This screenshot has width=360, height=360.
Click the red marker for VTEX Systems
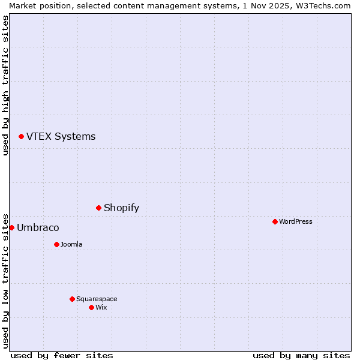click(21, 137)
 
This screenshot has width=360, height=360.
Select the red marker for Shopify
click(98, 208)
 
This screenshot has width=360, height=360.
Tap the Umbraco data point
click(11, 228)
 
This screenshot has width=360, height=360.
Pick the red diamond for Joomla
click(56, 245)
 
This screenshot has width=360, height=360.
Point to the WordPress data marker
click(275, 222)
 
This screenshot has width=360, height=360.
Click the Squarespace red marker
click(72, 299)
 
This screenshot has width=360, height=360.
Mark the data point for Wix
click(91, 308)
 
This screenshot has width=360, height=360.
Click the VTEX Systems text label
click(61, 137)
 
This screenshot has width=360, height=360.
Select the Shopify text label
click(121, 208)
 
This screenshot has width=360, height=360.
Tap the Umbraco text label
click(38, 228)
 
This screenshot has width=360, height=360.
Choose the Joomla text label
click(71, 245)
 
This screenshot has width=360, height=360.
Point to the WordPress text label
click(296, 222)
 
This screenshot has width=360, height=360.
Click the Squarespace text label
click(97, 299)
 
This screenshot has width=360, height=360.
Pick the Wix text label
click(101, 308)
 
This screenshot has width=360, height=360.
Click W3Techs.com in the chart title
click(323, 5)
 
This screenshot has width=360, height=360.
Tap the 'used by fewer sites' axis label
click(62, 355)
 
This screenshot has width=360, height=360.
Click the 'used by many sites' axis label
click(301, 355)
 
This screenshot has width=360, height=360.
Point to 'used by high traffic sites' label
click(5, 85)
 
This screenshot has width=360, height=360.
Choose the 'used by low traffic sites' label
click(5, 281)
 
